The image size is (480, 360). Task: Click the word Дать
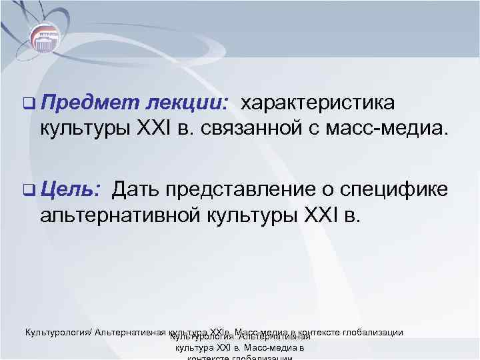click(136, 190)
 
